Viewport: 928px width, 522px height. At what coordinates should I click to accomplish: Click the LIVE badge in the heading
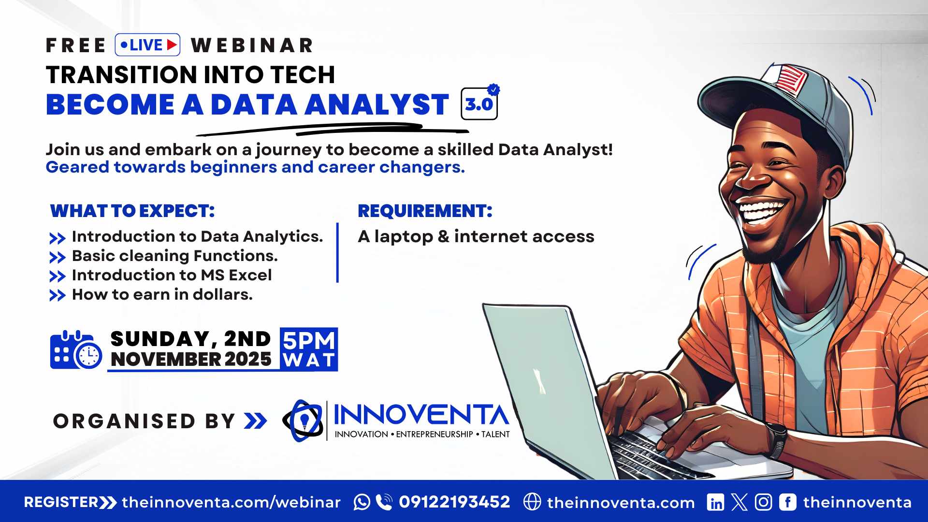pos(147,45)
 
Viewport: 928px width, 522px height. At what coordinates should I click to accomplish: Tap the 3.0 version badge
pos(479,103)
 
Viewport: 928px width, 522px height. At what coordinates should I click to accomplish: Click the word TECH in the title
pos(303,75)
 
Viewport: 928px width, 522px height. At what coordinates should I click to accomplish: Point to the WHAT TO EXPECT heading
pos(132,211)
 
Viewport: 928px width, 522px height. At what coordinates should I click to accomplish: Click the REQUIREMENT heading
pos(425,211)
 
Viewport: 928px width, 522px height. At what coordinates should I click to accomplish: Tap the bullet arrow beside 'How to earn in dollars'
pos(58,295)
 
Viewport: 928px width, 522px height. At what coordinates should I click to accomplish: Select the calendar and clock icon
pos(76,350)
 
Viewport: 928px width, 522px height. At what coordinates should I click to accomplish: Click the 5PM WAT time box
pos(309,349)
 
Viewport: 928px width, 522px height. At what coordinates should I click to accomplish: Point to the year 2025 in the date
pos(248,359)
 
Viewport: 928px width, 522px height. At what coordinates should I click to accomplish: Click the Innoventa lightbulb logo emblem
pos(303,420)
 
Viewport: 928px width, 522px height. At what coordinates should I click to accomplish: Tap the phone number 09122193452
pos(454,502)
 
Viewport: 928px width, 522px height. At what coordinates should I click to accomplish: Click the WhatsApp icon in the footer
pos(362,502)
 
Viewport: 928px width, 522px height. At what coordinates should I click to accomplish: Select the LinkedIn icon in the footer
pos(715,503)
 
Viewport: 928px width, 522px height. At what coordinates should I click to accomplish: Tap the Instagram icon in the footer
pos(764,502)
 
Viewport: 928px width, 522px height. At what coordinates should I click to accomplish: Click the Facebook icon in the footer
pos(788,502)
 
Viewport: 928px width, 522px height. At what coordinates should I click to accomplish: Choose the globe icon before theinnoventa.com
pos(532,502)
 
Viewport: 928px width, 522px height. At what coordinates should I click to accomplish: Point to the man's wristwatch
pos(777,440)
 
